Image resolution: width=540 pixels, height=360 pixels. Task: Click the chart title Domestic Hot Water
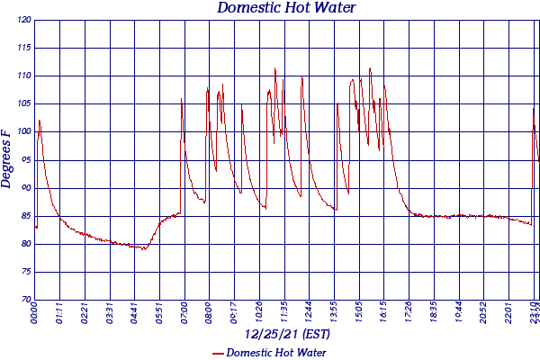[286, 8]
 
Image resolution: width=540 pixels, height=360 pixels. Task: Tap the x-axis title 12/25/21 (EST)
[286, 334]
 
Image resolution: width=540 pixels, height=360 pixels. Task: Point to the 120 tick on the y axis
[23, 20]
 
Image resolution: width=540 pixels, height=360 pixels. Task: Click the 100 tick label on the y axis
[23, 132]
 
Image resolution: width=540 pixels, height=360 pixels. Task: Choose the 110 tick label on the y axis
[23, 76]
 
